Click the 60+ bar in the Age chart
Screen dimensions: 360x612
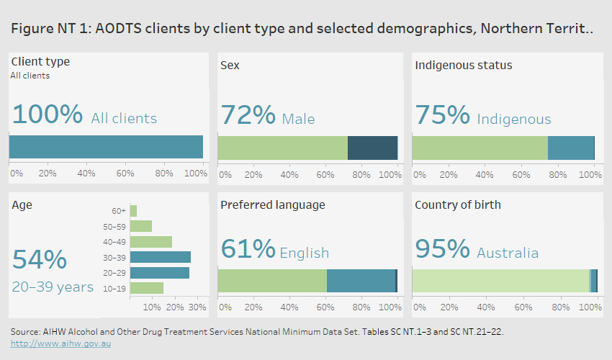[134, 210]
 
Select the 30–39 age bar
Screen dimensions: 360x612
[161, 257]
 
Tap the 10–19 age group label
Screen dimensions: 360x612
[114, 288]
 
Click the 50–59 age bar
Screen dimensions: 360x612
[141, 226]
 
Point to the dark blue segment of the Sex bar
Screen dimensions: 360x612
[372, 148]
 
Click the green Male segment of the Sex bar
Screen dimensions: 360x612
[282, 148]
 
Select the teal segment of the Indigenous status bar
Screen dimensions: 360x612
[571, 148]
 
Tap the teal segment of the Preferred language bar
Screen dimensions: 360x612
[361, 281]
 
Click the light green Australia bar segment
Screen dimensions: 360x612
[500, 281]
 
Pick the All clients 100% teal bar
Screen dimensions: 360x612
[106, 147]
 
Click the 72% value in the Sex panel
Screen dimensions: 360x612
[248, 116]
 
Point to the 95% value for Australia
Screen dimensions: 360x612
[442, 249]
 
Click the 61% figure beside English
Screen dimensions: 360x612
[248, 249]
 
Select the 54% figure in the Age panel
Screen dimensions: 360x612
[40, 260]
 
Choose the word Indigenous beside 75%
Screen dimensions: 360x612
[513, 120]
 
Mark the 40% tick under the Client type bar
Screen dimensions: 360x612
[86, 174]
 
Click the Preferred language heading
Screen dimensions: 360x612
[272, 205]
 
